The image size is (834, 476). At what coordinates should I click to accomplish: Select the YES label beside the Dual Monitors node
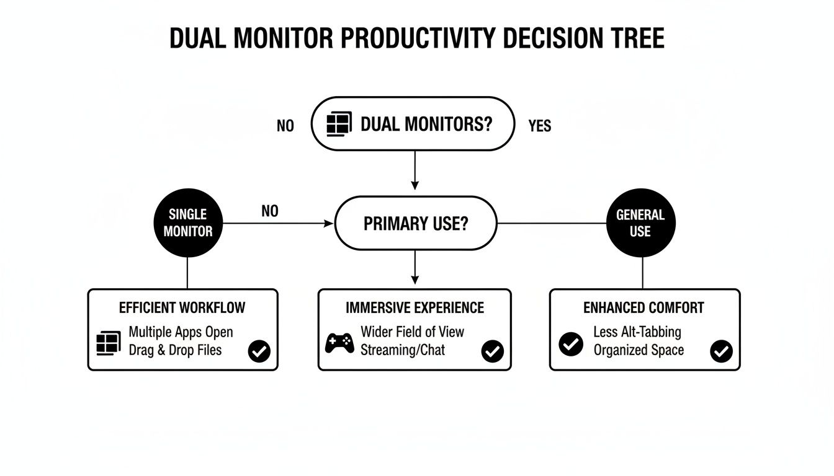point(539,126)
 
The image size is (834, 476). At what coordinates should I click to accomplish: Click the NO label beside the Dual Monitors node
point(285,126)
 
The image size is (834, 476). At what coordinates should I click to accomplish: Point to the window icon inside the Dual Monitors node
point(339,124)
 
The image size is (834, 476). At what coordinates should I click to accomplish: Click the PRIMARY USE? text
point(416,224)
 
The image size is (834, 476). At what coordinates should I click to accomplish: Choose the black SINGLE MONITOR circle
point(187,223)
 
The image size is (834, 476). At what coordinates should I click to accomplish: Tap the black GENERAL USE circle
point(640,223)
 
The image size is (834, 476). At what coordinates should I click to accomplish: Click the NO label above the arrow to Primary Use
point(270,211)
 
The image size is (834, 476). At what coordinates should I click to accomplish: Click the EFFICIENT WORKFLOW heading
point(182,307)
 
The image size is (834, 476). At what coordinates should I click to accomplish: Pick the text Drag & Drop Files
point(175,350)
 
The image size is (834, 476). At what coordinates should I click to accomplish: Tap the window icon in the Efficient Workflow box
point(109,343)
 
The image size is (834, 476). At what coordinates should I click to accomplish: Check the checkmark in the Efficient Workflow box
point(259,351)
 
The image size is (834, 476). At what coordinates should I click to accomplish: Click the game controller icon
point(339,342)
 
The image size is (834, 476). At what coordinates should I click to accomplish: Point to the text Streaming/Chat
point(403,350)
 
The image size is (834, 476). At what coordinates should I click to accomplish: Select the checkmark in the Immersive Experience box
point(492,351)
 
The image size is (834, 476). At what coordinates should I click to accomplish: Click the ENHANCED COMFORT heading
point(643,307)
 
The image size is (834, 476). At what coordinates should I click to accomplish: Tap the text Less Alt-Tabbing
point(637,332)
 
